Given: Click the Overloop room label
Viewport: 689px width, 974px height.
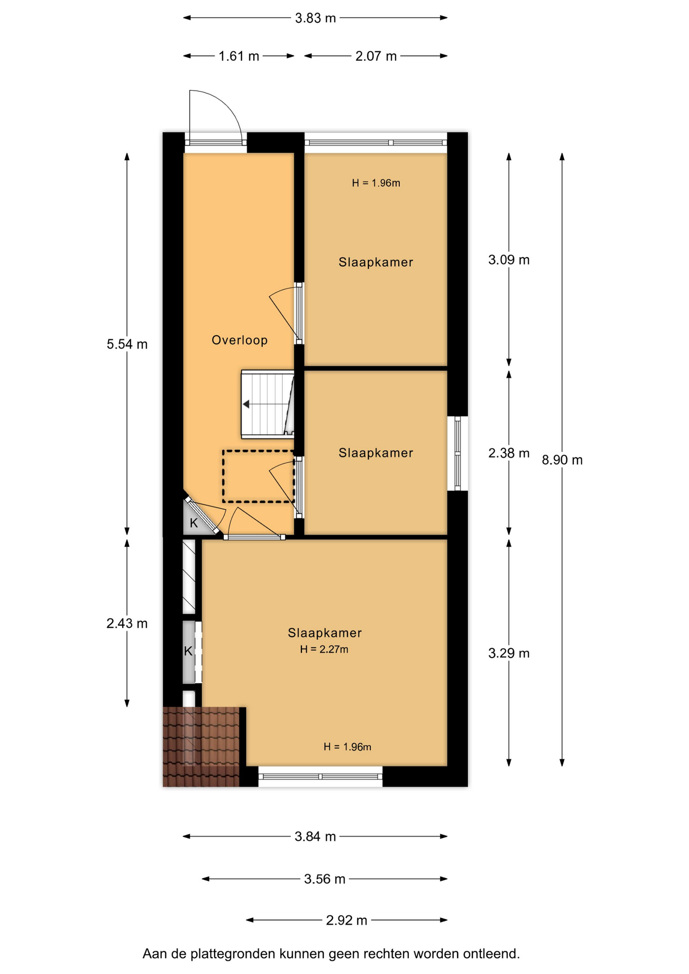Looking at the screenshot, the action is pyautogui.click(x=239, y=340).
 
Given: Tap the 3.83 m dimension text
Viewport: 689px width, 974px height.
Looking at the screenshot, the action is pyautogui.click(x=316, y=18).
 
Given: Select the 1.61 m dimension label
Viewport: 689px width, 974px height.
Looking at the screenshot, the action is pyautogui.click(x=239, y=56).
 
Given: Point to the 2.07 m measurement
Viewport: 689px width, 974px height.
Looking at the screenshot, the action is pyautogui.click(x=376, y=56).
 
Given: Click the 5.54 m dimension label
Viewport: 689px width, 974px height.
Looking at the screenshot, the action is pyautogui.click(x=127, y=344).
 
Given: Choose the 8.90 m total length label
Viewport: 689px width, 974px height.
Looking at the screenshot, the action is pyautogui.click(x=562, y=460).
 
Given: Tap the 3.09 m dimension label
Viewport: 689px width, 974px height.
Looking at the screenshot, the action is pyautogui.click(x=509, y=260).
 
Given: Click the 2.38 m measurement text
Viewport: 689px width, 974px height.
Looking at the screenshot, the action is pyautogui.click(x=509, y=453).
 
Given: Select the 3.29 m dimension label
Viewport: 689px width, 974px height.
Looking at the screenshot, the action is pyautogui.click(x=509, y=653).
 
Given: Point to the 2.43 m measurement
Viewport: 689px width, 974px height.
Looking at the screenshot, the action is pyautogui.click(x=127, y=623).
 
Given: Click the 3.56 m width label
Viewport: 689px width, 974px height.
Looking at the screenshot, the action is pyautogui.click(x=325, y=879).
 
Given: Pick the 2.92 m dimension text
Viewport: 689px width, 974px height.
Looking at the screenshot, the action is pyautogui.click(x=347, y=920).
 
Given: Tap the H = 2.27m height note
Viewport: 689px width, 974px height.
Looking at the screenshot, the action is pyautogui.click(x=324, y=649).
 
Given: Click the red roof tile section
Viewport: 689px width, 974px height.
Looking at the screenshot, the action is pyautogui.click(x=201, y=747).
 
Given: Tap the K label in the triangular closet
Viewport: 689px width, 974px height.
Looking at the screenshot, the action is pyautogui.click(x=194, y=523).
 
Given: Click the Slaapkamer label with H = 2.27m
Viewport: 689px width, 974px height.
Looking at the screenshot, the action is pyautogui.click(x=325, y=633).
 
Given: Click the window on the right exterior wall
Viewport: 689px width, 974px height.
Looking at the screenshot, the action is pyautogui.click(x=458, y=454).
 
